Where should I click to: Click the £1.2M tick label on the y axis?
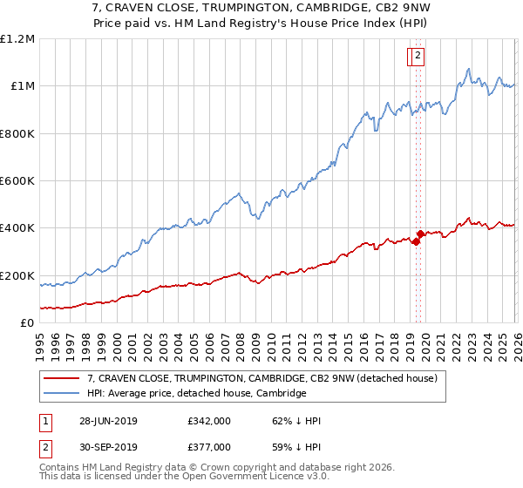coord(17,39)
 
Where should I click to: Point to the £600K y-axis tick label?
coord(17,181)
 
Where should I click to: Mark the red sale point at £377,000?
coord(420,234)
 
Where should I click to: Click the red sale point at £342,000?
coord(416,241)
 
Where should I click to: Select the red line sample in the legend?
coord(61,378)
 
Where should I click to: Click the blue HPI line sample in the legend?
coord(61,393)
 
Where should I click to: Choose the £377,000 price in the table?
coord(209,446)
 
